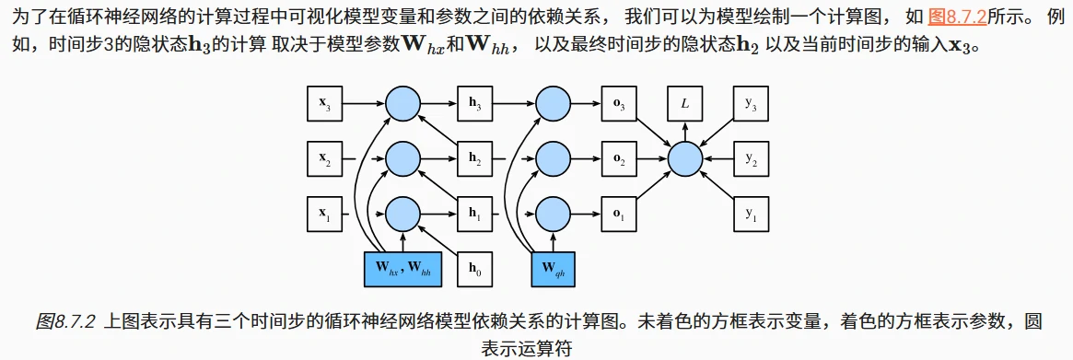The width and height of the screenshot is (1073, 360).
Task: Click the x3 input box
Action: (325, 105)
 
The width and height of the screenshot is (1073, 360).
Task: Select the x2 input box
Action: (325, 160)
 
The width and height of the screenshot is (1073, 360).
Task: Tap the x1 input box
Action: (325, 215)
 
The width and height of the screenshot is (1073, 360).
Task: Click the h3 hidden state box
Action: (475, 105)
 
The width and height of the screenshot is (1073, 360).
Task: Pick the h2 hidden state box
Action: (475, 160)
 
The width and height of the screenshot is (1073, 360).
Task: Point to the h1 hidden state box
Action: (475, 215)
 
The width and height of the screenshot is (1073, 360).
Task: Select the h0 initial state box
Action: (475, 270)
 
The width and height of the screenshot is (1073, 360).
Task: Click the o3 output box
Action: (619, 105)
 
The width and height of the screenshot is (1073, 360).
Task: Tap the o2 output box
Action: (619, 160)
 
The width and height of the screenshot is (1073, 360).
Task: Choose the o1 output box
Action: (619, 215)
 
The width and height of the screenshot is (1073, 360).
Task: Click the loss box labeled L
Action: (684, 105)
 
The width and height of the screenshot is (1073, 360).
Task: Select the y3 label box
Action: (751, 105)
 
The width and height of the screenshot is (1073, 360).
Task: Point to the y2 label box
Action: (751, 160)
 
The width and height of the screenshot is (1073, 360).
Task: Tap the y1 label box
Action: (751, 215)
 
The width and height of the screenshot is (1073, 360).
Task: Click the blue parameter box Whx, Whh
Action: (403, 270)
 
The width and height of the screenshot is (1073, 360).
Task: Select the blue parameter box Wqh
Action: (553, 270)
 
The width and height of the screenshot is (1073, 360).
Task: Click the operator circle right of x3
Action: (402, 105)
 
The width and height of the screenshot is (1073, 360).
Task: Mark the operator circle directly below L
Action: (684, 160)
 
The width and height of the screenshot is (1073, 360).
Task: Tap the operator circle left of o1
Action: (553, 215)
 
